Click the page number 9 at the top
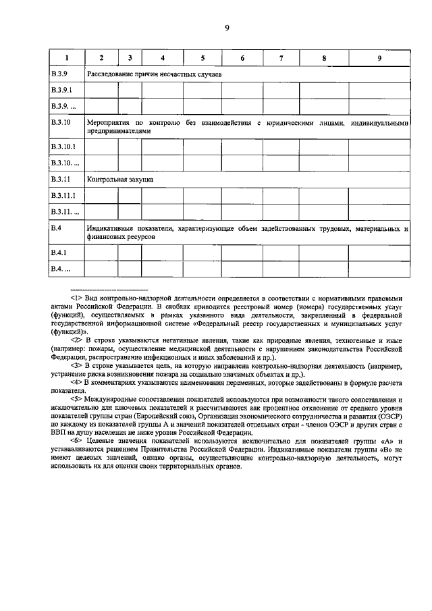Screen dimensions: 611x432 pos(227,28)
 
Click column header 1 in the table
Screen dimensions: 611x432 pos(65,58)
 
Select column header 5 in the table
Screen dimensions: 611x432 pos(202,58)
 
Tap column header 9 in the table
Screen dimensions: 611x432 pos(379,58)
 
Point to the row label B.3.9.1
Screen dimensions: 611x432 pos(61,89)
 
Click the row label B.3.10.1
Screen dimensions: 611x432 pos(63,145)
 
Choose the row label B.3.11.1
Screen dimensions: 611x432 pos(63,196)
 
